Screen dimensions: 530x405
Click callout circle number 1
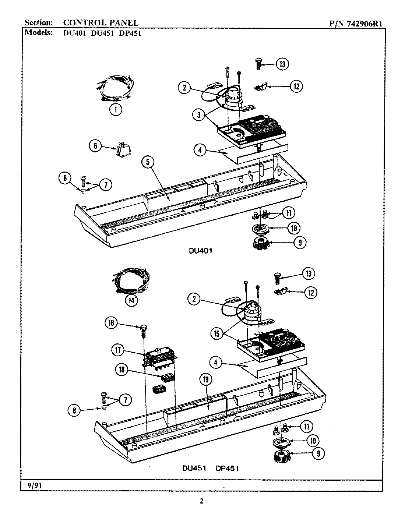point(116,109)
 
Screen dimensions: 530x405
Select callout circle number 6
point(95,146)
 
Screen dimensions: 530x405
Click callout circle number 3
point(198,114)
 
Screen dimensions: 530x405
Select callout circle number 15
point(217,333)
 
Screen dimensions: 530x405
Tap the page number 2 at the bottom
point(201,501)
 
